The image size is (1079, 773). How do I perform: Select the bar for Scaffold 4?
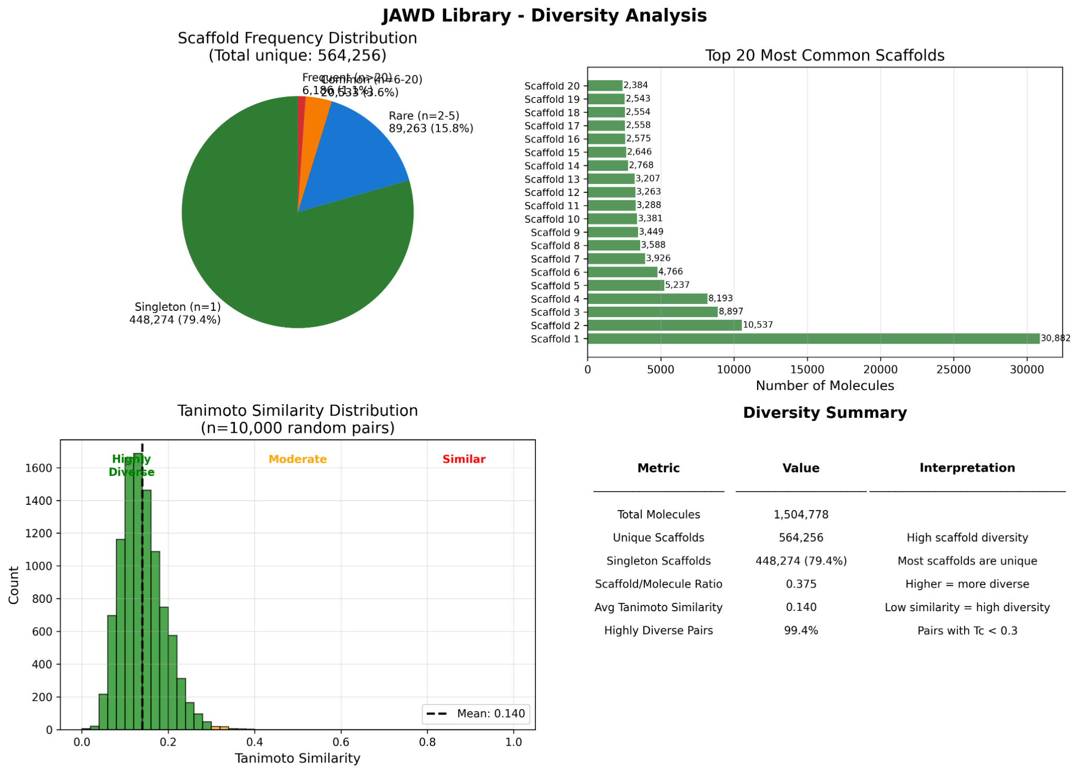647,299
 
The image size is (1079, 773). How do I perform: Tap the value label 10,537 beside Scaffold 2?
758,325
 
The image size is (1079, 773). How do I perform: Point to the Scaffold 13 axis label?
552,179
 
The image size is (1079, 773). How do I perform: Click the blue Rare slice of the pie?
358,153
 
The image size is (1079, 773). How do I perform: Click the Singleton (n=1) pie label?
178,307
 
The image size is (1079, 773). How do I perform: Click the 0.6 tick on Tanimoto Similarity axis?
341,742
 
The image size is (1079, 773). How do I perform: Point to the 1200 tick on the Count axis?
38,533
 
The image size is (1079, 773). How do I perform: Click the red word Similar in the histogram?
464,459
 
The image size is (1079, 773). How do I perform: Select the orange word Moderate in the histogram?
298,459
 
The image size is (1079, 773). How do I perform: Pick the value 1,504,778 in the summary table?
801,515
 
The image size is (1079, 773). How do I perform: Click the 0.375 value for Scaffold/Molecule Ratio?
801,584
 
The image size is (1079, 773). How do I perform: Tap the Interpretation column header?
967,468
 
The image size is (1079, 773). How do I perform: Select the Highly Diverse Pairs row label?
658,631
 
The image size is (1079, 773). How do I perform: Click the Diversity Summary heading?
825,413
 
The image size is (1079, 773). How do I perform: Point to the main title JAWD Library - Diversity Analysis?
544,16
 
